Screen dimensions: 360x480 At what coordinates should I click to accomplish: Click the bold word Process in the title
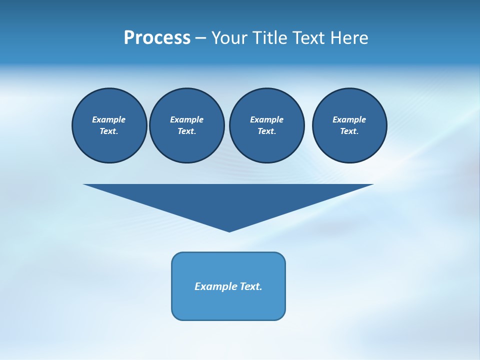point(157,38)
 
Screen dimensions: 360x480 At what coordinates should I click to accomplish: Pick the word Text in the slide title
point(308,38)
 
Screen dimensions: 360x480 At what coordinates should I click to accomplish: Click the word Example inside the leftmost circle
point(109,119)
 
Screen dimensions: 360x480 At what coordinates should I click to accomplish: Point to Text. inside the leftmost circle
point(109,131)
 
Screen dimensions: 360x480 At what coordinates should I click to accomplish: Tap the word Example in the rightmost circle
point(349,119)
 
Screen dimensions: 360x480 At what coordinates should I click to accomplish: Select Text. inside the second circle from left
point(187,131)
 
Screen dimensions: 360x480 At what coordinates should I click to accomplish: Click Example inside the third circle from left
point(266,119)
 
